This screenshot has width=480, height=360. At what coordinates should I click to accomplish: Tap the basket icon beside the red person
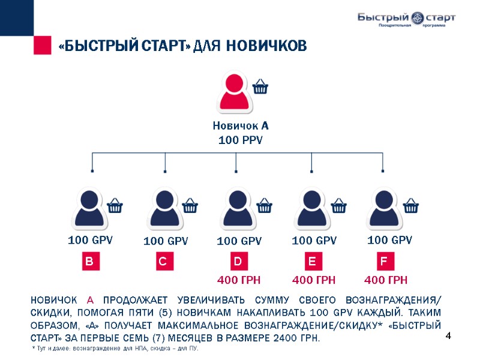pos(260,87)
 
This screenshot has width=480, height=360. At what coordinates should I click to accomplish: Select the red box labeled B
pos(90,262)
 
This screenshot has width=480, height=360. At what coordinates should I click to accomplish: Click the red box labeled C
pos(163,262)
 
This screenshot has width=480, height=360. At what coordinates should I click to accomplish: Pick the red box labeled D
pos(238,262)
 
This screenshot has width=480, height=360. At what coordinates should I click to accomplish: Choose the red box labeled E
pos(312,262)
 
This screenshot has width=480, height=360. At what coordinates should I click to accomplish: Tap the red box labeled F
pos(384,262)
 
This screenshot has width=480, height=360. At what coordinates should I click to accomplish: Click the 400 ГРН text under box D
pos(238,280)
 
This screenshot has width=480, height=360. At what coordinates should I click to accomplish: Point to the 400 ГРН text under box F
pos(386,280)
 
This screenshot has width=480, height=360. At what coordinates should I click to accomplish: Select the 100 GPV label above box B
pos(90,241)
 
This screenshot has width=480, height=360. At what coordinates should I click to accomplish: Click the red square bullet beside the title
pos(42,46)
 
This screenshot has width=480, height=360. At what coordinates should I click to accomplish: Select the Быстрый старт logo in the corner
pos(406,20)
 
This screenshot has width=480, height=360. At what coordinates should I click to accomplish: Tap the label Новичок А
pos(240,127)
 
